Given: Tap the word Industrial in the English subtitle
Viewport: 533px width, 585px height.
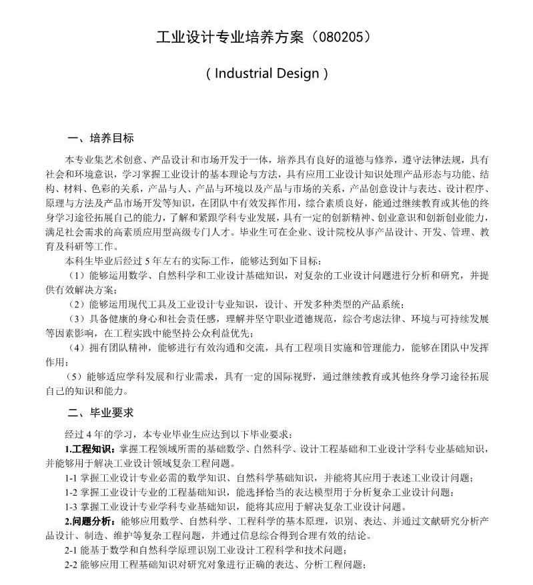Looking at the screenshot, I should [249, 73].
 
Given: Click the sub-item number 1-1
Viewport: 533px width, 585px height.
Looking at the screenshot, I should [71, 478].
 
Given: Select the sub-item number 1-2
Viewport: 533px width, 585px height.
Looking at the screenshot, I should [71, 492].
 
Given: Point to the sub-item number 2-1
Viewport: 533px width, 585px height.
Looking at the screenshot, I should [71, 550].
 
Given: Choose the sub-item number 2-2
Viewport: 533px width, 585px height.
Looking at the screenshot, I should [71, 565].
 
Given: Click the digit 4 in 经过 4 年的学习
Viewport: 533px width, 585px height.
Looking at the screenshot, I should [89, 434].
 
